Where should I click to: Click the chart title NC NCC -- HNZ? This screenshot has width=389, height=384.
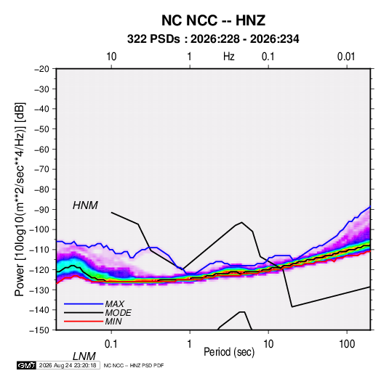click(213, 20)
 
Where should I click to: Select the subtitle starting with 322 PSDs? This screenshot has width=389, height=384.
click(213, 39)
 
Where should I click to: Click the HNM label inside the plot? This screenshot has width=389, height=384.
click(85, 205)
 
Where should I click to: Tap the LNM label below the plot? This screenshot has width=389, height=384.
click(84, 356)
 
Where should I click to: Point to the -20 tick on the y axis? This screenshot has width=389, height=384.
click(41, 69)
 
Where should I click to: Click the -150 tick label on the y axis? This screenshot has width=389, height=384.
click(39, 330)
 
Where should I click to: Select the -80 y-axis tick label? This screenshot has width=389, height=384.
click(41, 189)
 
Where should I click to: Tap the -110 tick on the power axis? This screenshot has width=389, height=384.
click(39, 250)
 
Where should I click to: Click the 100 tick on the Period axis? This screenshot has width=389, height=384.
click(347, 344)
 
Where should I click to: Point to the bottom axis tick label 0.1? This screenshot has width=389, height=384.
click(111, 344)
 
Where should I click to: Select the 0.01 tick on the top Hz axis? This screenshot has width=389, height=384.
click(346, 57)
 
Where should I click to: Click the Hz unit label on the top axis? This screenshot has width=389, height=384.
click(229, 57)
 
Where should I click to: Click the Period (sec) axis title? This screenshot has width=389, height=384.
click(229, 352)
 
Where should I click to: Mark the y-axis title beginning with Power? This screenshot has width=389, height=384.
click(20, 200)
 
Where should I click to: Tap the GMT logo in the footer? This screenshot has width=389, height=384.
click(26, 365)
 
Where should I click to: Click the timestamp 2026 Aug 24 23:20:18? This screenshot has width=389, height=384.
click(68, 365)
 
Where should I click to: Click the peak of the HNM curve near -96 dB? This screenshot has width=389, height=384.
click(242, 222)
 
